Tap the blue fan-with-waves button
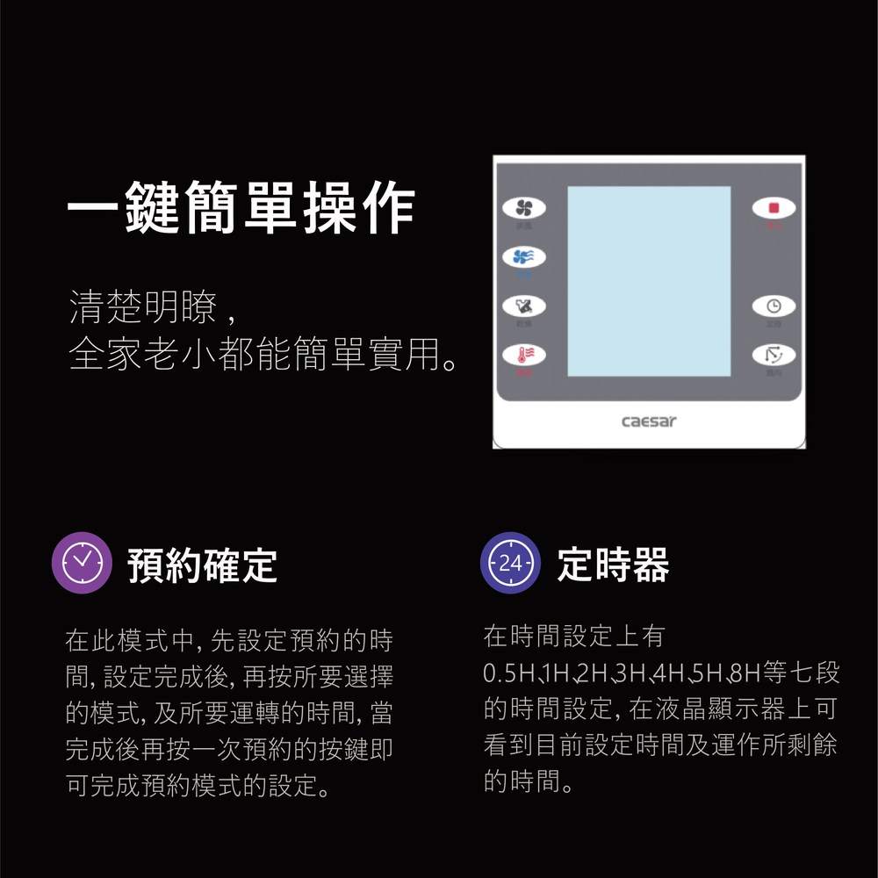pos(524,256)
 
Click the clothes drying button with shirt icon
pos(524,306)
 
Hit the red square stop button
pos(774,208)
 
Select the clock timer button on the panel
pos(774,306)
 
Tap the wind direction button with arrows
pos(774,355)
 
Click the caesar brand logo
pos(649,421)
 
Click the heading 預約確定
pos(203,565)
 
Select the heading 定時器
pos(613,565)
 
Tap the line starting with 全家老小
pos(263,355)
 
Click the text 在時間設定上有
pos(575,636)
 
